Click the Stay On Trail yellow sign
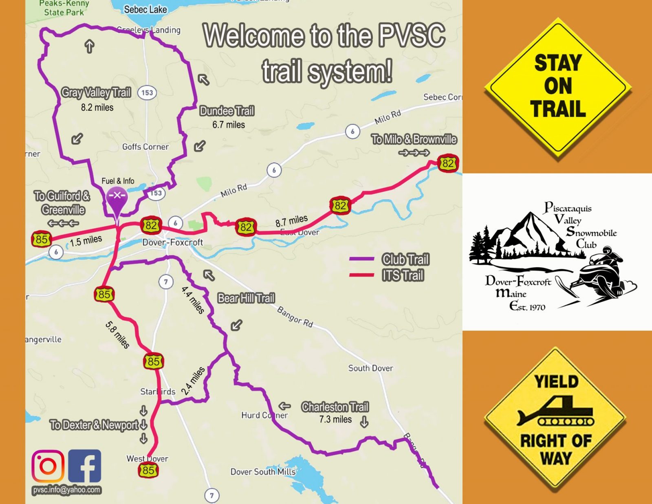(x=557, y=86)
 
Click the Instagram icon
(x=48, y=466)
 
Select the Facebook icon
(x=84, y=466)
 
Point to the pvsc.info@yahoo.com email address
(x=67, y=490)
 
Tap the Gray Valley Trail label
(x=96, y=93)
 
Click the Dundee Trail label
(x=227, y=111)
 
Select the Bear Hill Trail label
(x=246, y=298)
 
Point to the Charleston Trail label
(x=335, y=407)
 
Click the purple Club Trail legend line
(x=361, y=259)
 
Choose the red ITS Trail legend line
(x=361, y=275)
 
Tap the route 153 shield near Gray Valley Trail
(x=147, y=92)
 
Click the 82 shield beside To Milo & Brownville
(x=448, y=163)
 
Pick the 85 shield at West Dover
(x=148, y=470)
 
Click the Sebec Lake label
(x=145, y=9)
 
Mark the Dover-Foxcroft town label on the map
(x=172, y=242)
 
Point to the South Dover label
(x=370, y=368)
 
